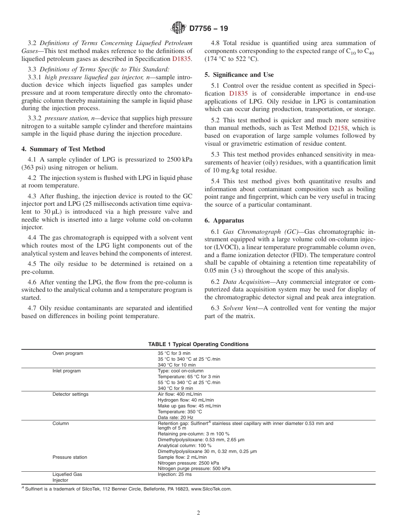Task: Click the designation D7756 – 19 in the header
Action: (209, 29)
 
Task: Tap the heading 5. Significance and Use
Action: (239, 75)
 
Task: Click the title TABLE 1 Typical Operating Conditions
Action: (198, 344)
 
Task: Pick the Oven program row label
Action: (68, 354)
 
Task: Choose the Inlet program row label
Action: (66, 371)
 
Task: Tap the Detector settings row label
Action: (70, 394)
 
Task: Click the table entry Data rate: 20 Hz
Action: (176, 417)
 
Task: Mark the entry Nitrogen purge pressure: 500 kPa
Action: (194, 468)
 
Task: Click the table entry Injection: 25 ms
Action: (175, 475)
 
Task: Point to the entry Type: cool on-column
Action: (181, 371)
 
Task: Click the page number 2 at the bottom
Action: (198, 513)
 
